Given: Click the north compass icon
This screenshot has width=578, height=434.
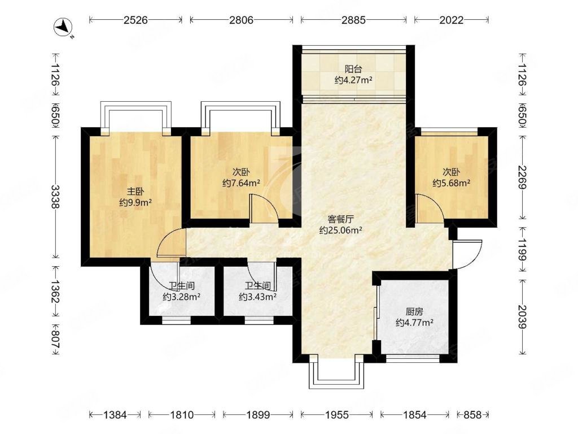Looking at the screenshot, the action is [64, 28].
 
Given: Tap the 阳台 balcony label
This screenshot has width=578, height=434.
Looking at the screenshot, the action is [353, 69].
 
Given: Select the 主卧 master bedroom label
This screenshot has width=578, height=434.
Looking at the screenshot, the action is [135, 192].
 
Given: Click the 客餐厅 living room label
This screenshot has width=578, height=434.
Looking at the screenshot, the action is [340, 219].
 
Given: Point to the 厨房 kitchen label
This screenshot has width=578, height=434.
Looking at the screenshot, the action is [414, 312].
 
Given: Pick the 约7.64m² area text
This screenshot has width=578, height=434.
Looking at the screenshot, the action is [242, 183].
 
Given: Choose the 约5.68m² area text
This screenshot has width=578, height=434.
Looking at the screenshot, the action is [451, 183].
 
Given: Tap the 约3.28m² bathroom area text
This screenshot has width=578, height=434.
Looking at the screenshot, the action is [181, 297].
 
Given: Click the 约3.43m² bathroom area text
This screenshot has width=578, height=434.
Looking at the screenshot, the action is [257, 297].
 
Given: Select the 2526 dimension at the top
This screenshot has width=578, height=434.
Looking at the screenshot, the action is [135, 20].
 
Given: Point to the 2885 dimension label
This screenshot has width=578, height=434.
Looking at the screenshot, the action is [353, 20].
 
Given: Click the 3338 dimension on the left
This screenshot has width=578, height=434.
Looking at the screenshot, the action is [55, 197].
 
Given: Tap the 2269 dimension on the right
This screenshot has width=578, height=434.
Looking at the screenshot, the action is [522, 177].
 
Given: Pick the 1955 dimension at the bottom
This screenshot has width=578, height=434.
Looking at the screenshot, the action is [336, 415].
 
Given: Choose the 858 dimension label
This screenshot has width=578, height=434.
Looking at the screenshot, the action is [472, 415].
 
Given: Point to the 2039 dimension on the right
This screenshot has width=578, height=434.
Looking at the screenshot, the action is [522, 317].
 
